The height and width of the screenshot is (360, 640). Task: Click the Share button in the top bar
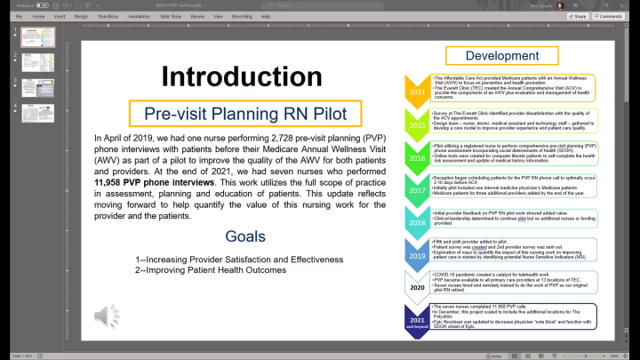pyautogui.click(x=578, y=16)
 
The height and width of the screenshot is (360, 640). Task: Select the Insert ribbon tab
pyautogui.click(x=60, y=16)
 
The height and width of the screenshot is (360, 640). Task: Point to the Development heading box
pyautogui.click(x=502, y=56)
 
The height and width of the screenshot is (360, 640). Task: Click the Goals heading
pyautogui.click(x=244, y=236)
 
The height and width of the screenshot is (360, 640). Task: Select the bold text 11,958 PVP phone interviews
pyautogui.click(x=155, y=182)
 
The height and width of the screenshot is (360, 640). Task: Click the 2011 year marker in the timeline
pyautogui.click(x=417, y=92)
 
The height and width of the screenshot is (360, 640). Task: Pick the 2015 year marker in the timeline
pyautogui.click(x=417, y=124)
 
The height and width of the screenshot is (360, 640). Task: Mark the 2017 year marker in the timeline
pyautogui.click(x=417, y=189)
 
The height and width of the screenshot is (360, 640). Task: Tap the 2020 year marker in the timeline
pyautogui.click(x=417, y=288)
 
